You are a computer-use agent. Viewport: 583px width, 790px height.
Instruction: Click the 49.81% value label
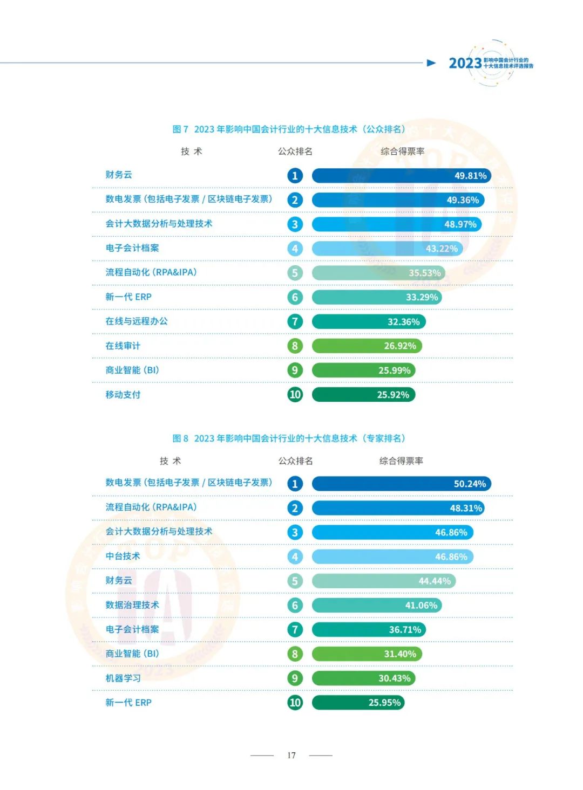coord(470,176)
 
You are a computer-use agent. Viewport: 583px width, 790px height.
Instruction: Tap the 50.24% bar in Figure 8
coord(401,484)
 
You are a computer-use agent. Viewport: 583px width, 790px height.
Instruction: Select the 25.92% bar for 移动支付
coord(363,395)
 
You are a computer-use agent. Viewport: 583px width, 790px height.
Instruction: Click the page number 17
coord(291,755)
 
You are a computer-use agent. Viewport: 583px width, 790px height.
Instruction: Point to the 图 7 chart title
coord(288,129)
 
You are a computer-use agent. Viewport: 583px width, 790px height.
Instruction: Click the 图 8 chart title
coord(288,438)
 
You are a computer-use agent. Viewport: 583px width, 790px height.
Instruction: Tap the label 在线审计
coord(123,346)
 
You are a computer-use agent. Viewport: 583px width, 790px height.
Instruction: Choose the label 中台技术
coord(123,556)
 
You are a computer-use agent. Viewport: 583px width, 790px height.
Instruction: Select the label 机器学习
coord(123,678)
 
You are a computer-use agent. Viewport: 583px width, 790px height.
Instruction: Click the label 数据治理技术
coord(132,605)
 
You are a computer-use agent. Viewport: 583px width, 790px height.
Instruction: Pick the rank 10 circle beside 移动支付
coord(295,395)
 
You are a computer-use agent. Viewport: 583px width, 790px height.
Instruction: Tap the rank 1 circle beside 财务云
coord(295,176)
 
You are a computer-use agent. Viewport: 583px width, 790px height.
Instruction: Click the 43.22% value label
coord(442,249)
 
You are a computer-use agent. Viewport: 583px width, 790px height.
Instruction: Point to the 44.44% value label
coord(435,581)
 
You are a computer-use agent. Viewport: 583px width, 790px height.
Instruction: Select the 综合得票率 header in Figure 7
coord(402,152)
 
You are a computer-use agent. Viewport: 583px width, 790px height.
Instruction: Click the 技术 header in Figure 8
coord(171,461)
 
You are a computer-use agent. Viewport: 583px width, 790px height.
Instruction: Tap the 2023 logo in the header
coord(465,64)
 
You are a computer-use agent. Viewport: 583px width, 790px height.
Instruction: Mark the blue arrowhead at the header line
coord(431,63)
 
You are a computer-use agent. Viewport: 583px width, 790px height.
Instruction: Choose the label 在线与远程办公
coord(137,321)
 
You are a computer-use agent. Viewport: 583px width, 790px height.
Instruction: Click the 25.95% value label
coord(384,703)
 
